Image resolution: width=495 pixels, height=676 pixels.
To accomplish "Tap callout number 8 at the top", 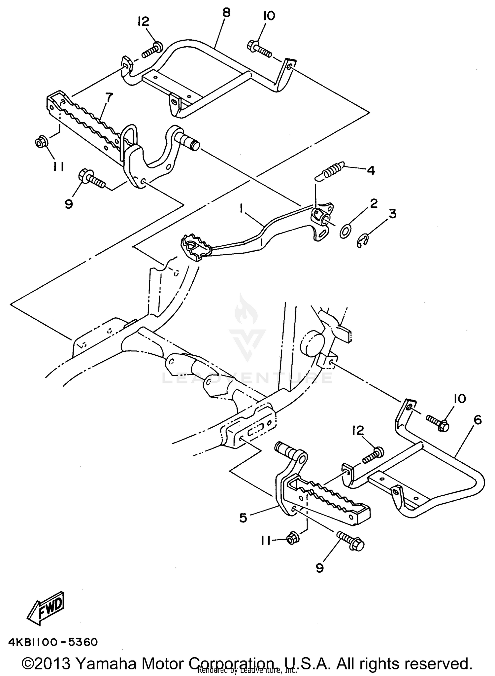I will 226,13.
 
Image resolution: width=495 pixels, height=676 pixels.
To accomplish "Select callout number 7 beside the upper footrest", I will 109,98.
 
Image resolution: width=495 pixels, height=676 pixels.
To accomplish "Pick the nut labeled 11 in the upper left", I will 41,142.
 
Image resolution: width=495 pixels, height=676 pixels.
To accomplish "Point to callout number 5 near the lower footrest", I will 243,517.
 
